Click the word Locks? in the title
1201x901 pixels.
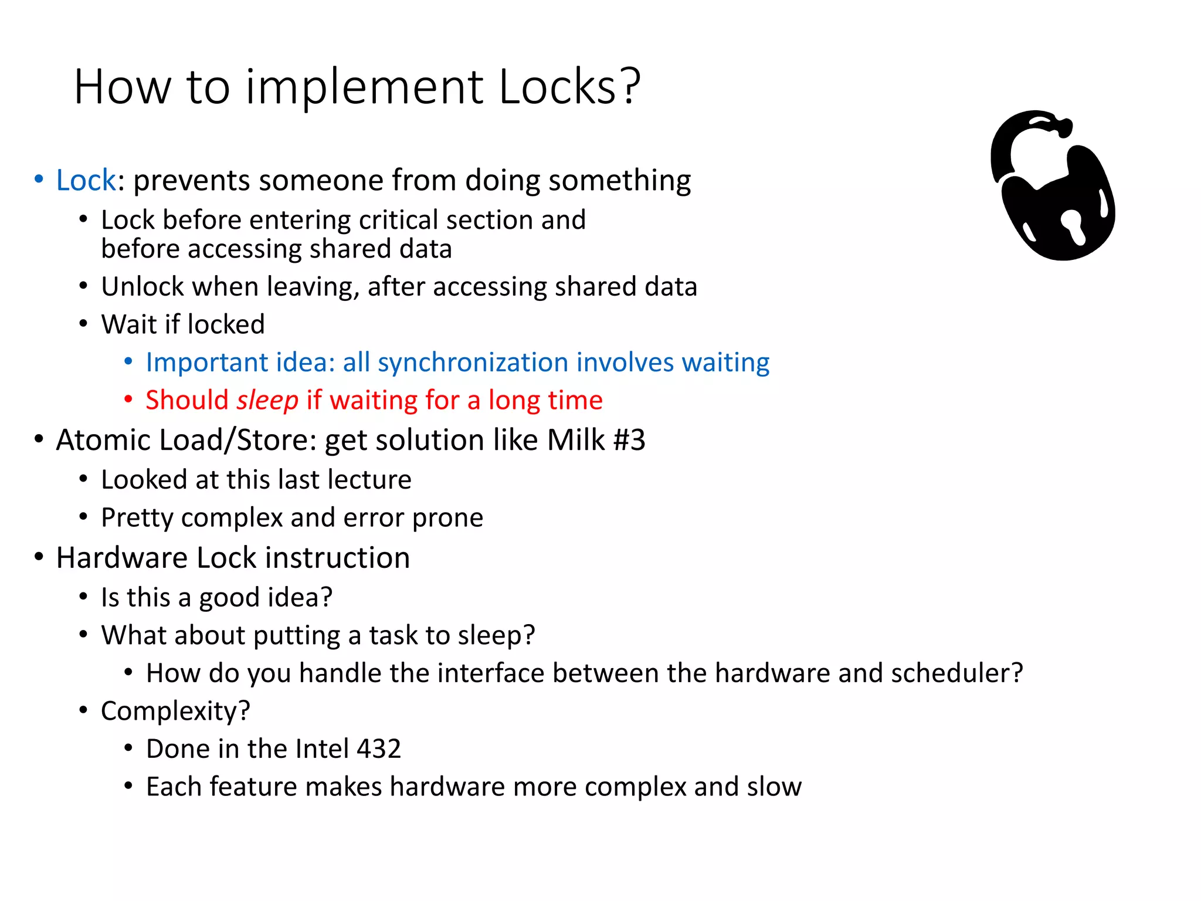(569, 87)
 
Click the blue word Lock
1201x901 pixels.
(86, 180)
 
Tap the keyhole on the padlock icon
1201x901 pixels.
(1074, 225)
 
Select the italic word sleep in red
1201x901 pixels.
(267, 401)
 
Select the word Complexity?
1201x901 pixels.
(175, 712)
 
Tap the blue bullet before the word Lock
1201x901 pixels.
(39, 179)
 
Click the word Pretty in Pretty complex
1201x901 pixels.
(137, 518)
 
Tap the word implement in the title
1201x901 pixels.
(364, 87)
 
